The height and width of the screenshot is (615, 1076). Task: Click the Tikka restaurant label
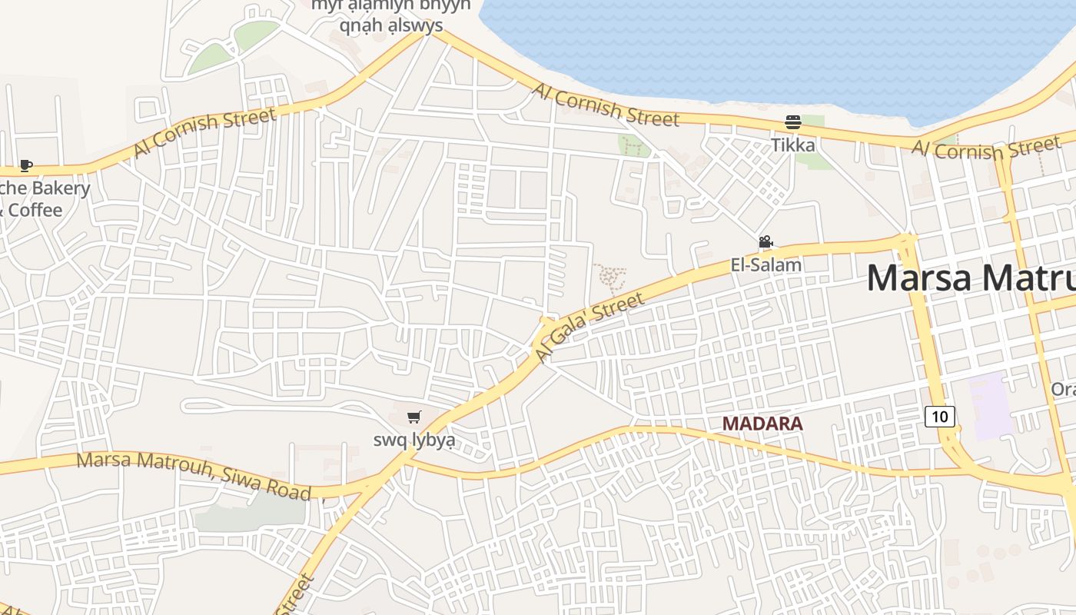(x=793, y=145)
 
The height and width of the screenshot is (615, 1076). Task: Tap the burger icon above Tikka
(x=793, y=122)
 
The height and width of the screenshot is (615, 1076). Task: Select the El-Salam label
(x=765, y=265)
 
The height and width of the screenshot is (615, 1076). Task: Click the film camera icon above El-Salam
(x=765, y=242)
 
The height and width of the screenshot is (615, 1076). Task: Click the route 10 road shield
(x=940, y=416)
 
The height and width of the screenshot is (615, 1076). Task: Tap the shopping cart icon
(x=414, y=417)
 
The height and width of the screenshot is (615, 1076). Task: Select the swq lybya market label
(x=414, y=440)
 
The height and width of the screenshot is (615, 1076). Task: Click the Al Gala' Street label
(x=589, y=328)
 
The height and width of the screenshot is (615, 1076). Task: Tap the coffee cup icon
(x=25, y=165)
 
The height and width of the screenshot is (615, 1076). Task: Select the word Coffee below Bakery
(x=35, y=210)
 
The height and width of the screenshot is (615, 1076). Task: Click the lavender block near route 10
(x=995, y=406)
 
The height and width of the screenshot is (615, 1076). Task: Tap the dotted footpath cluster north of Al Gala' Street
(x=609, y=278)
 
